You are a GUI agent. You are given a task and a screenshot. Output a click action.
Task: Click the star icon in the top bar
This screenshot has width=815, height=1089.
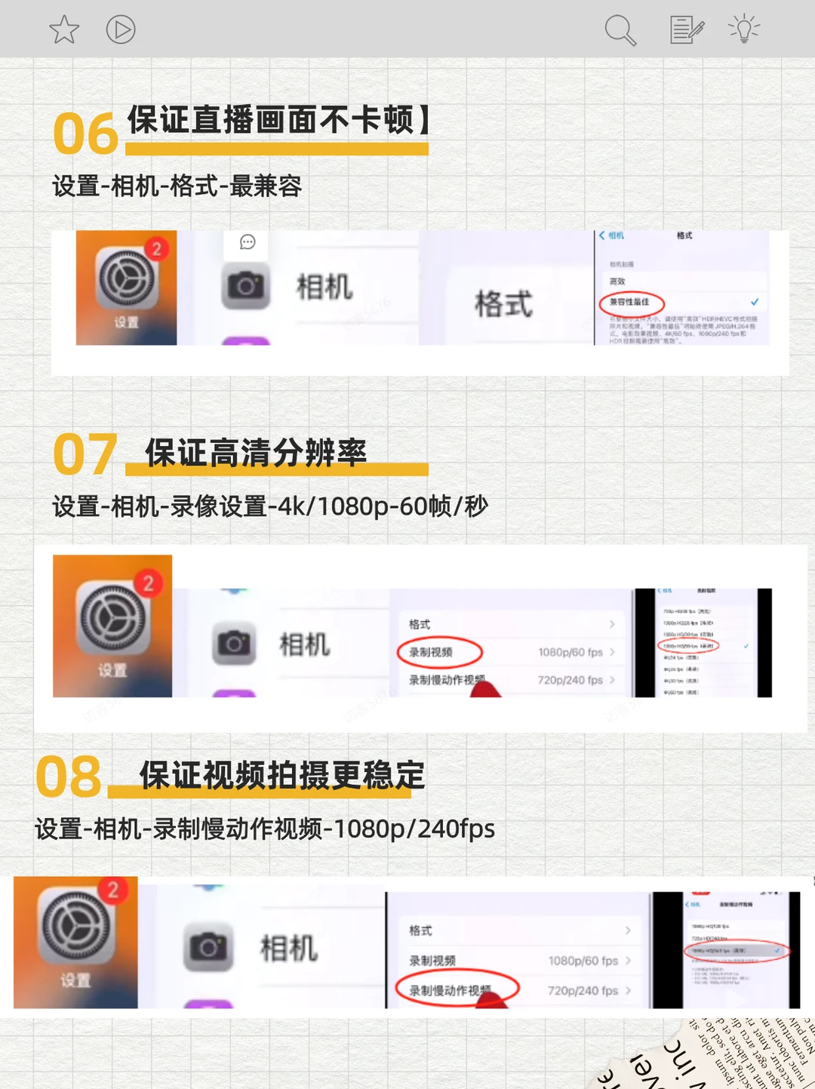(x=64, y=30)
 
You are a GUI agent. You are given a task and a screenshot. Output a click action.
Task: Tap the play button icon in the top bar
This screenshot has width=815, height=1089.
(x=121, y=30)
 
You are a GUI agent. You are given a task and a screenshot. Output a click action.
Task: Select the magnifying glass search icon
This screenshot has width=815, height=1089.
(x=620, y=31)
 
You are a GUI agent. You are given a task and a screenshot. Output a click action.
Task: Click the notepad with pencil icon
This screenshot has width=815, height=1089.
(x=687, y=30)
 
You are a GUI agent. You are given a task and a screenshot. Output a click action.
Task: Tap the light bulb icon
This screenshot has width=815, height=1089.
(x=744, y=29)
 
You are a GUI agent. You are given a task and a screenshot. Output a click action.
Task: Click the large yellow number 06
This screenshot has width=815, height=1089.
(x=85, y=134)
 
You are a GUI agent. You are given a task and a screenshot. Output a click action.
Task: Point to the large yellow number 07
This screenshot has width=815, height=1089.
(x=85, y=454)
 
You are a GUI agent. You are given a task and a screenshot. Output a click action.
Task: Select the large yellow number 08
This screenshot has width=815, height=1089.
(x=69, y=777)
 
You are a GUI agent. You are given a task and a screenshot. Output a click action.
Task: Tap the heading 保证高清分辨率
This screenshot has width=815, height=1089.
(x=256, y=453)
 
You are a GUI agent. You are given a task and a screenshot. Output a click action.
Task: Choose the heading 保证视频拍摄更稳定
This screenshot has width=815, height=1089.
(x=282, y=775)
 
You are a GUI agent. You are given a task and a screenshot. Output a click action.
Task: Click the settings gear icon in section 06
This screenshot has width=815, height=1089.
(x=126, y=280)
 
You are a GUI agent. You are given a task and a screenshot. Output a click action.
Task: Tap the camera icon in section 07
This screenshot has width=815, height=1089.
(x=234, y=644)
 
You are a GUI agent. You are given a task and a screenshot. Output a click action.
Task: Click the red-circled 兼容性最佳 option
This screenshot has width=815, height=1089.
(x=631, y=303)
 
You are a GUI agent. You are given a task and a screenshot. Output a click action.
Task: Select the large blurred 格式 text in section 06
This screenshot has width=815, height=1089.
(x=503, y=304)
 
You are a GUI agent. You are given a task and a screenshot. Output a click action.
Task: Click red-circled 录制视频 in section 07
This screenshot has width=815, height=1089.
(x=438, y=652)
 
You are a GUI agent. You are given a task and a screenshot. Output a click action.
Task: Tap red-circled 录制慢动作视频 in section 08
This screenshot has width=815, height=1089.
(x=456, y=990)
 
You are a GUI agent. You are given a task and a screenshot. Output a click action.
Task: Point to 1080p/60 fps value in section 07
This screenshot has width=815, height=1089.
(x=570, y=652)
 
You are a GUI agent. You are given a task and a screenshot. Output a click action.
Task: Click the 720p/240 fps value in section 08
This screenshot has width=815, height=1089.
(x=583, y=990)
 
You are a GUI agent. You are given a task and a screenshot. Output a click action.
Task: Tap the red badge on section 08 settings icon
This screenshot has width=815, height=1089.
(x=113, y=890)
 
